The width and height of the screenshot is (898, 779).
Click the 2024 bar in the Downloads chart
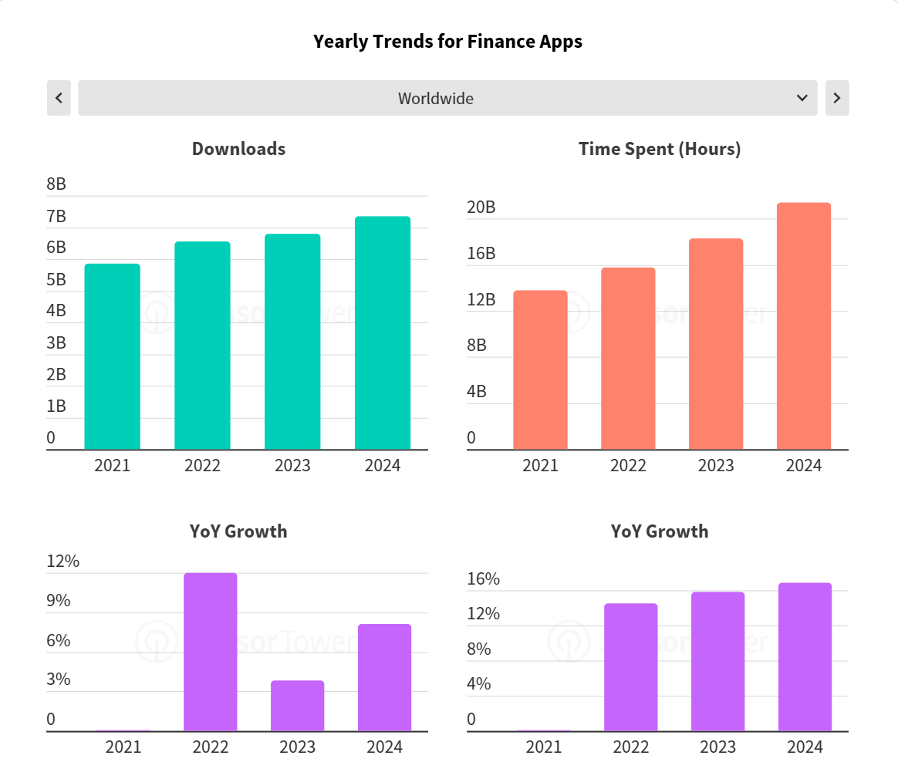coord(382,333)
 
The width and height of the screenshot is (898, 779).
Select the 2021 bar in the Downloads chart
coord(112,356)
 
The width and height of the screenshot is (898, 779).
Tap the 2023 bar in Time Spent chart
coord(716,344)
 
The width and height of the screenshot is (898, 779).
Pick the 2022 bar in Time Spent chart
coord(628,359)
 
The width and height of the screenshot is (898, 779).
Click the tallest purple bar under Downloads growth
coord(210,652)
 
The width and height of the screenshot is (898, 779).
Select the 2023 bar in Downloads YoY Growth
coord(297,706)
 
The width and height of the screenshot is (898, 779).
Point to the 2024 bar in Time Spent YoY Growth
coord(805,657)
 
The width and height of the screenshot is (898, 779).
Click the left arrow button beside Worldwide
coord(59,98)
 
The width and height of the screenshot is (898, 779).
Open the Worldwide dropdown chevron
coord(802,98)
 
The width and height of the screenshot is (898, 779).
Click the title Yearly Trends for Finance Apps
coord(447,42)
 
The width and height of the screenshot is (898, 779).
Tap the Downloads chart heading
coord(238,149)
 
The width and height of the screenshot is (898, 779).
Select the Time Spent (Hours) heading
coord(660,149)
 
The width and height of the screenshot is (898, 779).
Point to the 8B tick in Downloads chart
coord(56,184)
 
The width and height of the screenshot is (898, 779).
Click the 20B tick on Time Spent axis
coord(481,207)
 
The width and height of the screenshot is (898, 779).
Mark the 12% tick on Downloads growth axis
coord(62,561)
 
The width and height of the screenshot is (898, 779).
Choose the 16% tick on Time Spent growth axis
coord(484,579)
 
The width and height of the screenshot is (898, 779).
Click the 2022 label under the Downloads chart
coord(202,466)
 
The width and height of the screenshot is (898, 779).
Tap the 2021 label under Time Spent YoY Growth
coord(544,747)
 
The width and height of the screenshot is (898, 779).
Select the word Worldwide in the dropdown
coord(436,99)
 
